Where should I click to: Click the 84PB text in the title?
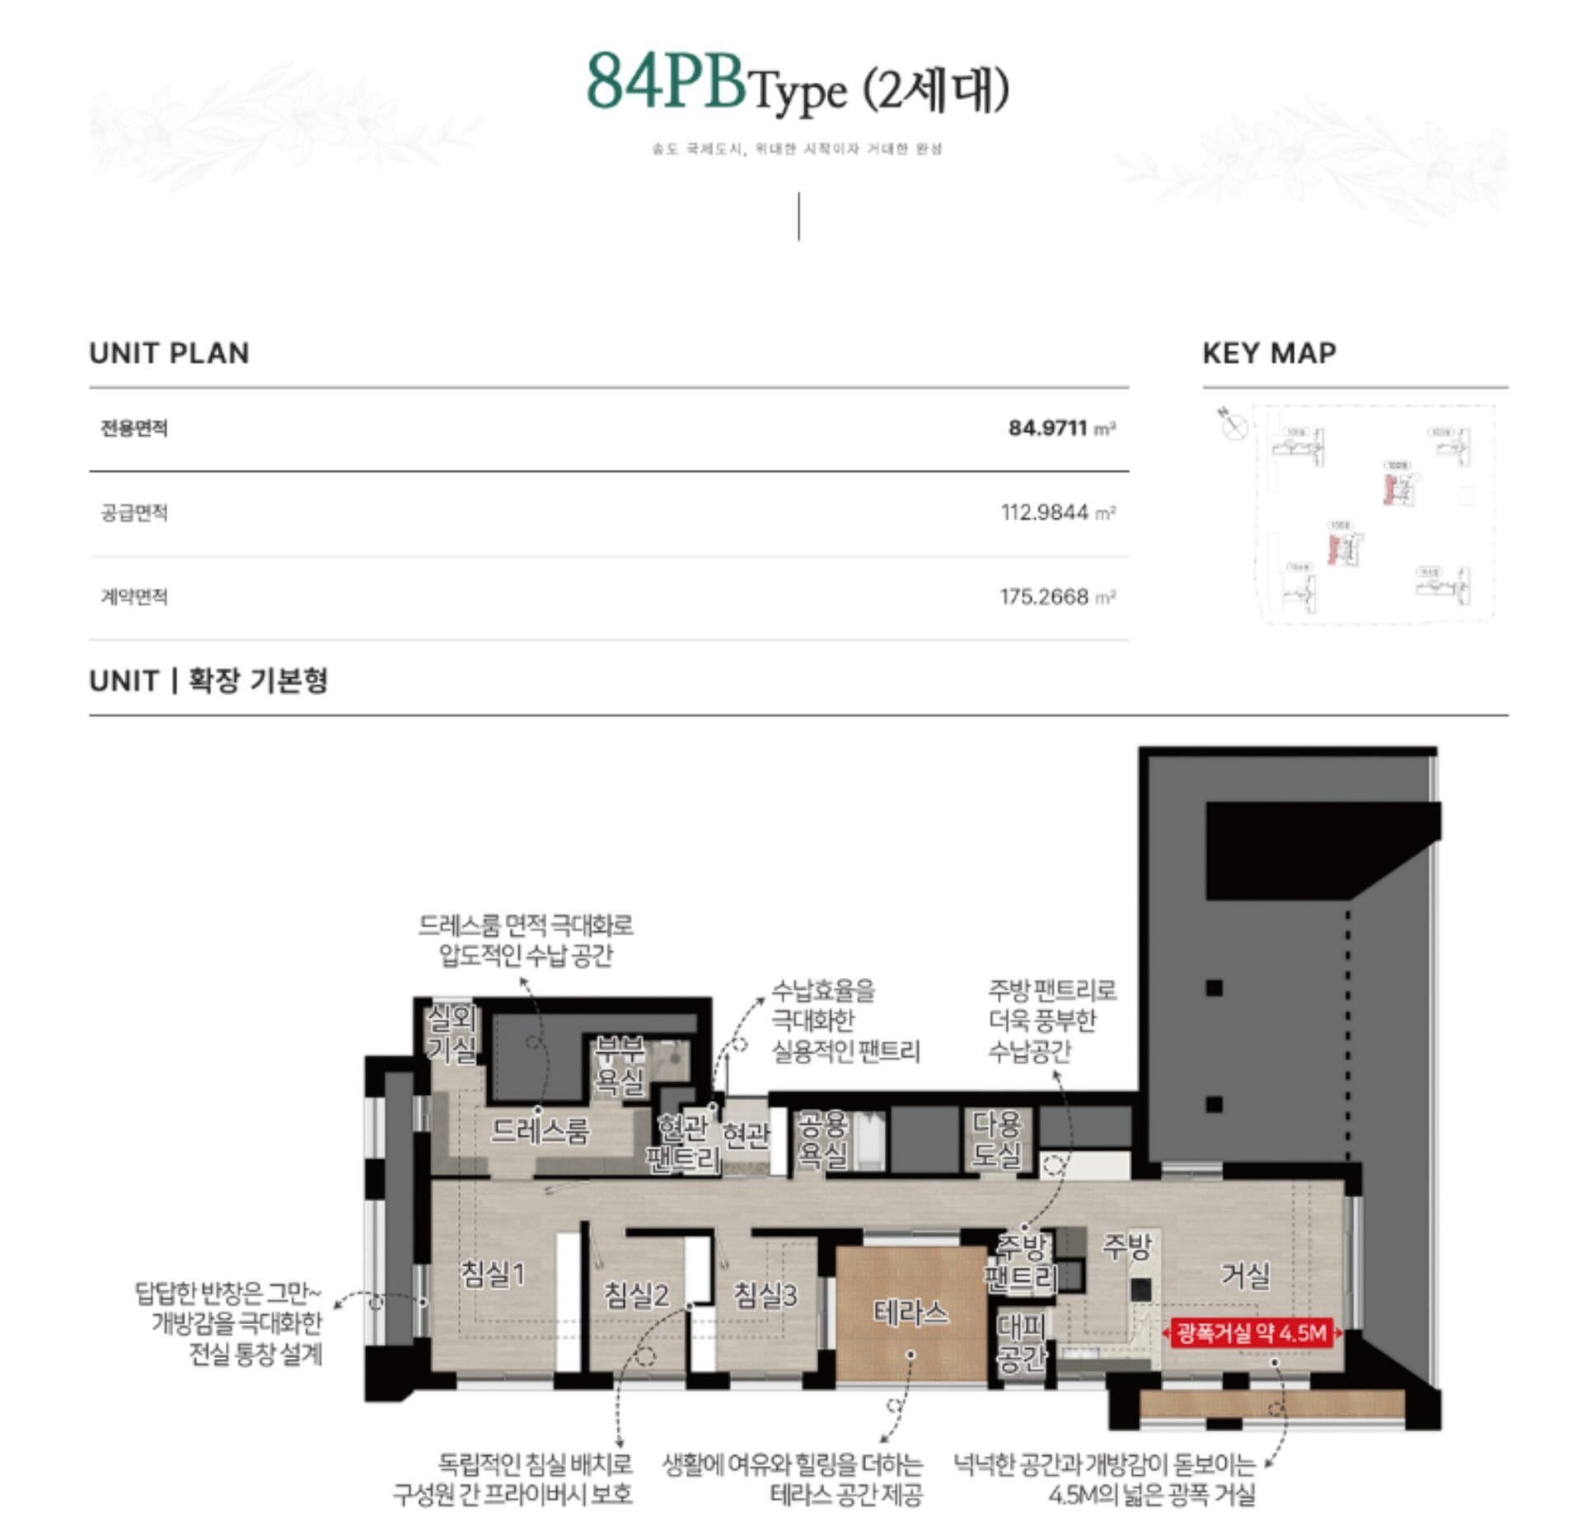tap(665, 82)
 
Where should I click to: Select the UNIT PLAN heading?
tap(169, 354)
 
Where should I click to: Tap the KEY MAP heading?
tap(1269, 354)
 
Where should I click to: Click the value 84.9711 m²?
tap(1061, 428)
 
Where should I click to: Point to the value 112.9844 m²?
tap(1058, 513)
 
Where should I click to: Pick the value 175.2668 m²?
tap(1057, 597)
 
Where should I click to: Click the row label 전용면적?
tap(133, 428)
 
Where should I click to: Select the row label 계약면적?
tap(133, 597)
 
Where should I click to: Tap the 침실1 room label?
tap(492, 1274)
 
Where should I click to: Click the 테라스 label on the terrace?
tap(910, 1312)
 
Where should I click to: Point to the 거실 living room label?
tap(1245, 1276)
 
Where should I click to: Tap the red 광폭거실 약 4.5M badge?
tap(1252, 1332)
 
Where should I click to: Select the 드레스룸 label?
tap(540, 1131)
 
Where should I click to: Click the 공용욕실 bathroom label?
tap(822, 1140)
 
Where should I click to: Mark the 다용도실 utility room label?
tap(997, 1140)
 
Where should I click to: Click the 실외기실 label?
tap(451, 1034)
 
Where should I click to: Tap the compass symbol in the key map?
tap(1233, 425)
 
